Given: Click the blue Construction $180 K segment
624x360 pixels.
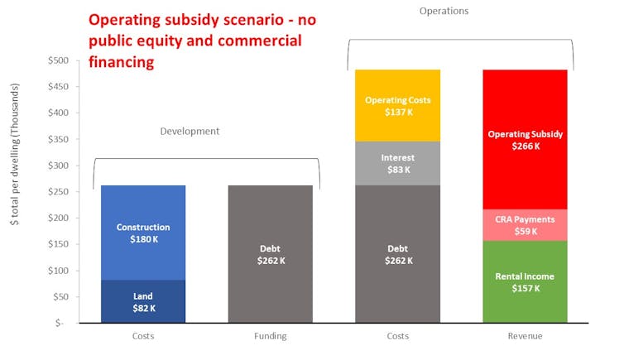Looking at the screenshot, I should (143, 233).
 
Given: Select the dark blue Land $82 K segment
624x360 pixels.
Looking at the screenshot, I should (143, 301).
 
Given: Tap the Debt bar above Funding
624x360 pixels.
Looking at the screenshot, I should (270, 253).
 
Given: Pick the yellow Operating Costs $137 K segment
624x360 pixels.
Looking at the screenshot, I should (397, 105).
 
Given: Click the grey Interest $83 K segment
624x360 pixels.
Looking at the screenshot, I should (397, 163).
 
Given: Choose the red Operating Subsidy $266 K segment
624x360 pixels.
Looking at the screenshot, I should (525, 139).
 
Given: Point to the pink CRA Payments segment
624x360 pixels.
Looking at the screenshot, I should (525, 225).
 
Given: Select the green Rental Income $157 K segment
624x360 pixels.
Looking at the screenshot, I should (525, 281).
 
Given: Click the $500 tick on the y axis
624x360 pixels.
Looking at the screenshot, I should (58, 60).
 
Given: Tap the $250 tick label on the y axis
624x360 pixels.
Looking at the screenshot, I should (58, 192).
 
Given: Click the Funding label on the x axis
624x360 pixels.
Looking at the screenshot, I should (270, 336).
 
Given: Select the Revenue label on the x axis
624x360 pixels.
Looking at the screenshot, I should (525, 336).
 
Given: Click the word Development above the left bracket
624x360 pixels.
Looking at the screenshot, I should (190, 131).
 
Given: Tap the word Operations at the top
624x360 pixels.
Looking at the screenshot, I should (444, 11).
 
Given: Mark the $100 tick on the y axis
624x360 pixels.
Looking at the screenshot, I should (58, 271).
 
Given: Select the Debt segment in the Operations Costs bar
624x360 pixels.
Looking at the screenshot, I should (397, 253).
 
